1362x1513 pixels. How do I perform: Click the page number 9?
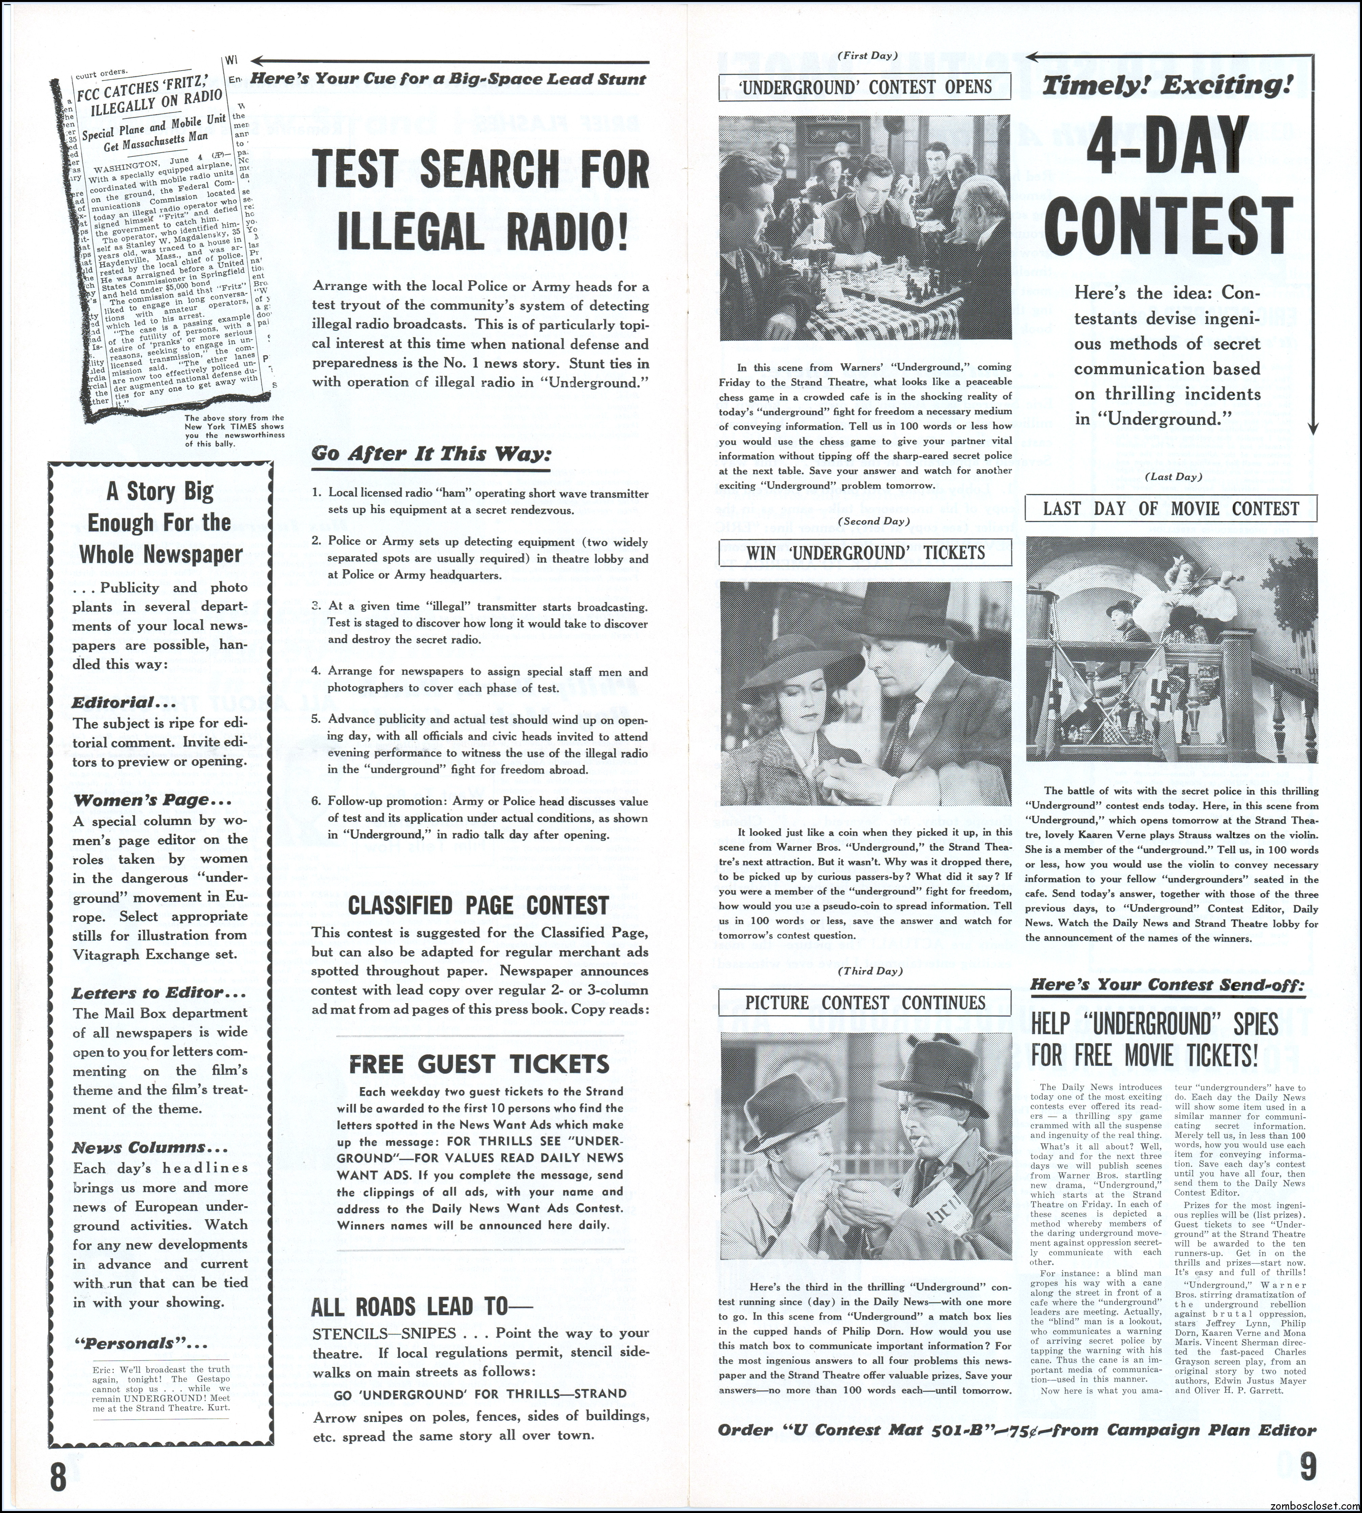pos(1306,1466)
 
